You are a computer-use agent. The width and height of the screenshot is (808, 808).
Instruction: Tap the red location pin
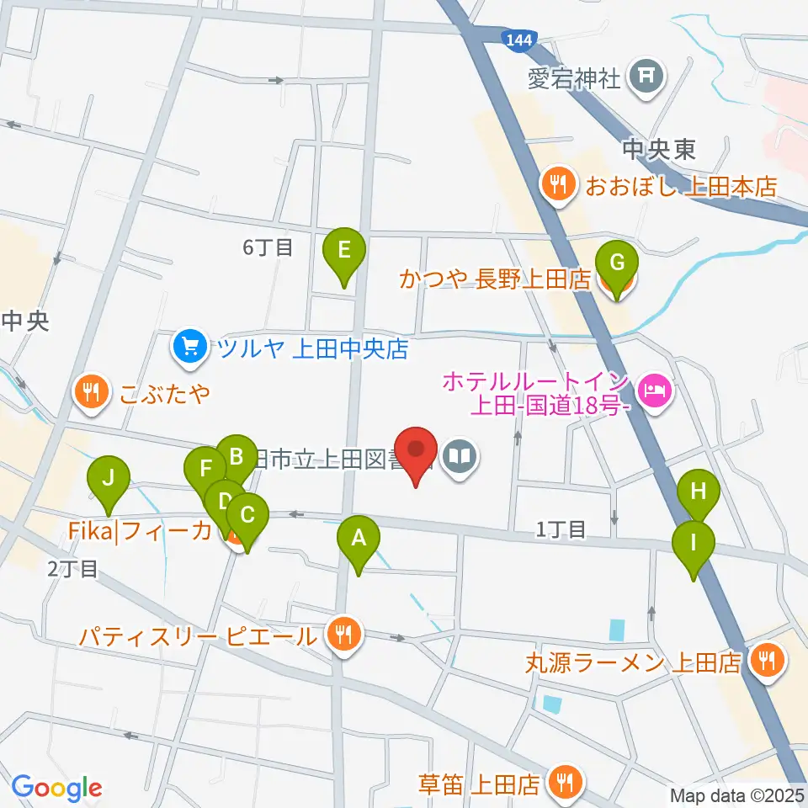click(x=417, y=454)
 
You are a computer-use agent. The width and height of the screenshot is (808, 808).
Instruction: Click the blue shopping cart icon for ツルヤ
click(x=189, y=345)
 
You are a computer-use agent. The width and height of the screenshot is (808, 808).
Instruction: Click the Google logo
click(x=57, y=788)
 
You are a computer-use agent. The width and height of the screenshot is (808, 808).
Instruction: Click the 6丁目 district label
click(x=267, y=247)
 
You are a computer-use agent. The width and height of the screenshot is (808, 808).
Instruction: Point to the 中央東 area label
click(x=659, y=149)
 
